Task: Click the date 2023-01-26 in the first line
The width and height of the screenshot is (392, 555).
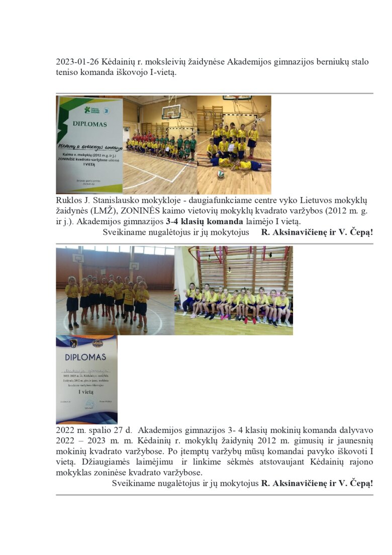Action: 77,62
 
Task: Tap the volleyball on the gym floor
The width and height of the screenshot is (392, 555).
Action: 221,173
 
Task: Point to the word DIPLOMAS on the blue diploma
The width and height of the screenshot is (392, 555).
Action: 86,357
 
